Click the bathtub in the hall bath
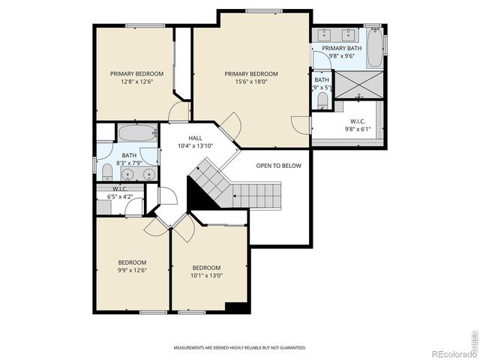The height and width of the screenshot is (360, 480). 137,134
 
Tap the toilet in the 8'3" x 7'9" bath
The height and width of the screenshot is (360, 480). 106,172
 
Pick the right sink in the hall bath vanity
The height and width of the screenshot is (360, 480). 148,174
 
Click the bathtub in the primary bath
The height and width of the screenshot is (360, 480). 375,47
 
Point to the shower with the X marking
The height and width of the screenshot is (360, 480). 358,85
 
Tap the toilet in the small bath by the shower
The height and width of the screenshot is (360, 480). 322,100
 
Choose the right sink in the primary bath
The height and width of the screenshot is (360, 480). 349,34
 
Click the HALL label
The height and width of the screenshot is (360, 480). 195,138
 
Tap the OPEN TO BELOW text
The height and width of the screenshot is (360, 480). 278,166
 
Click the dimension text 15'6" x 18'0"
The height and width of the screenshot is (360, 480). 251,83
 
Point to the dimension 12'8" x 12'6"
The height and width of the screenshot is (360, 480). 136,83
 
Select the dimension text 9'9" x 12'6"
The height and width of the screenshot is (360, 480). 132,271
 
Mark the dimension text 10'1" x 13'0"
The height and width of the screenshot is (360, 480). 207,276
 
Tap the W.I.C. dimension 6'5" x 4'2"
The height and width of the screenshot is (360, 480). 121,196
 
